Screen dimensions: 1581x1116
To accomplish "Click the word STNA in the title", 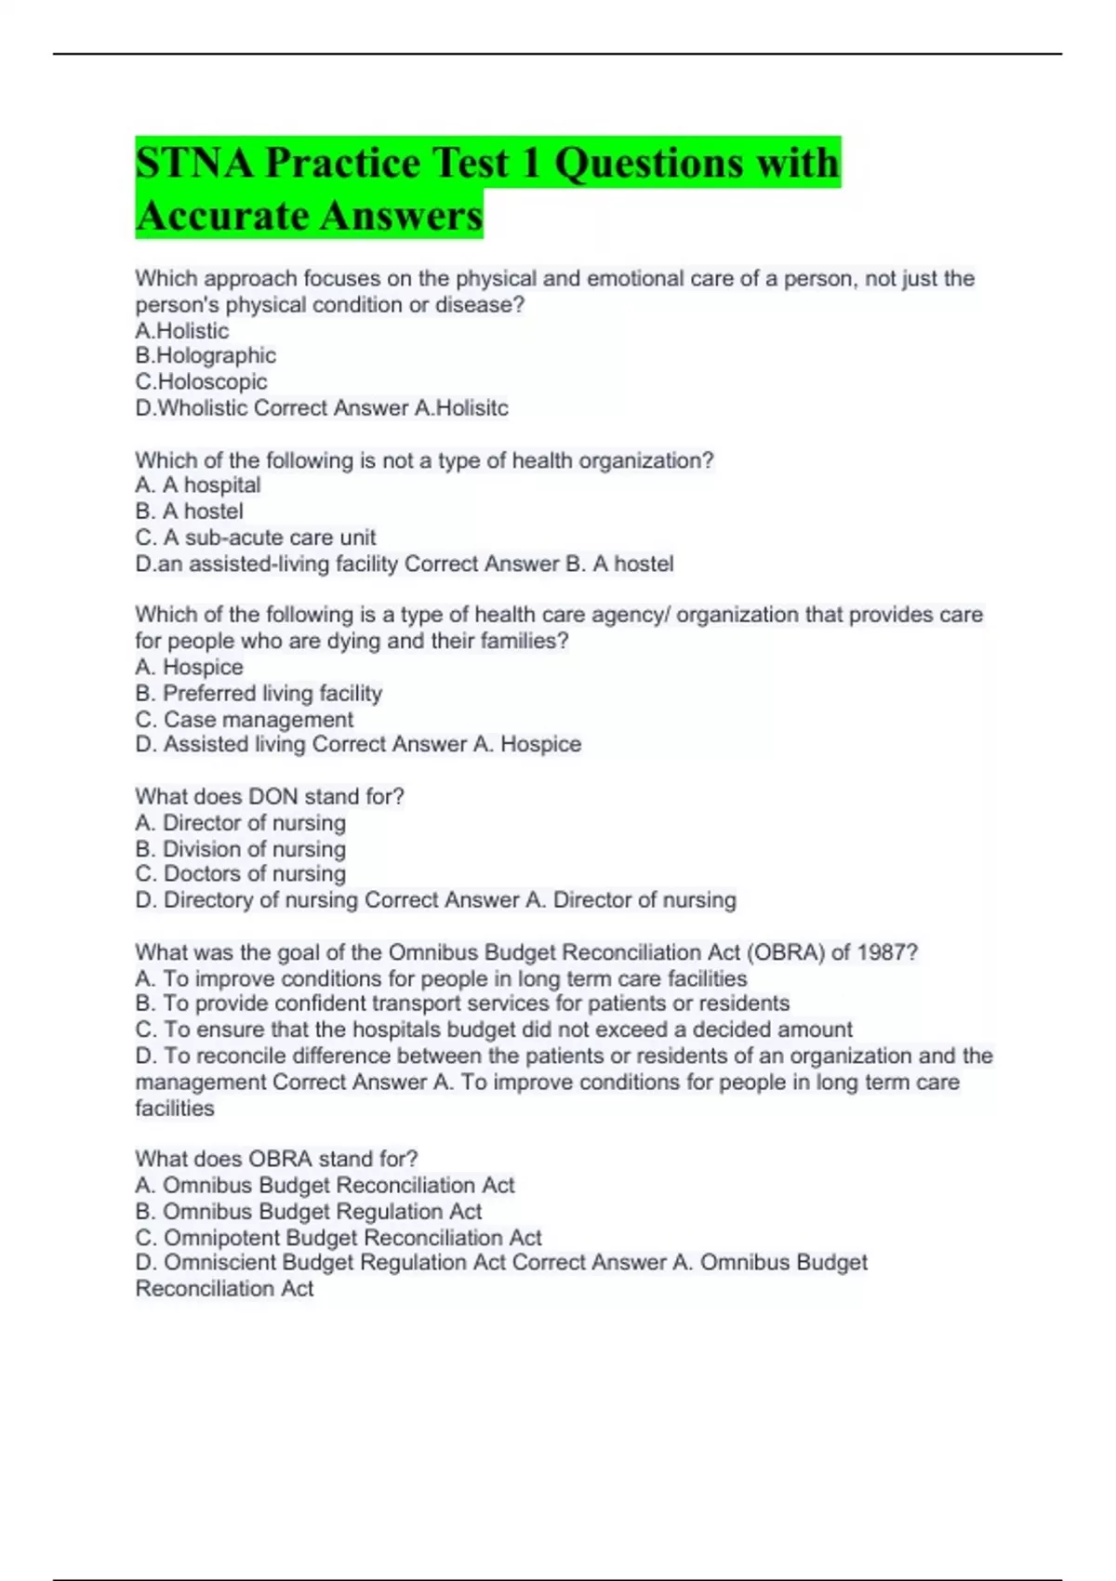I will coord(194,163).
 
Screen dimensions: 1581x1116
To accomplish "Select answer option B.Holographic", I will coord(206,355).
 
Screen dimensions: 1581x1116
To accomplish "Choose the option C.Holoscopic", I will coord(201,381).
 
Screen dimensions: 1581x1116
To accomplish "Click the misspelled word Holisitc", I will coord(472,407).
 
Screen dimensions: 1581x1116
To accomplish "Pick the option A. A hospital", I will coord(198,485).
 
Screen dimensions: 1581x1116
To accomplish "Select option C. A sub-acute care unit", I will coord(256,537).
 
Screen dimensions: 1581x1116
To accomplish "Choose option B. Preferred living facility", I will coord(259,693).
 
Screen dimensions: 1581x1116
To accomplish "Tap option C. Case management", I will coord(245,719).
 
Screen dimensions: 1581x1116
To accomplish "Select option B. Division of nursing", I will coord(240,848).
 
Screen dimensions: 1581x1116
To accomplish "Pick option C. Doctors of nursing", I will coord(240,873).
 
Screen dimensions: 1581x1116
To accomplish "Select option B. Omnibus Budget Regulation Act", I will coord(309,1211).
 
